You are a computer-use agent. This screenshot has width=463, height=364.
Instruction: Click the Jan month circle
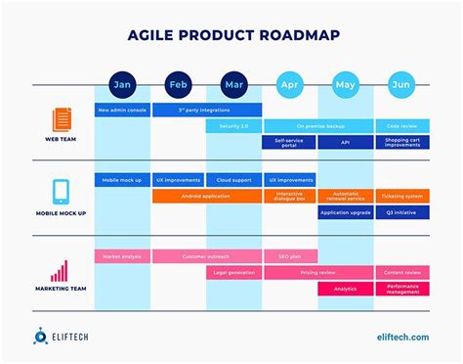[122, 84]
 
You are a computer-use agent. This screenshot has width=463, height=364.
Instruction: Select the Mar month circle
[234, 84]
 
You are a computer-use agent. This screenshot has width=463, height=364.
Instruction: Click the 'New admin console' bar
[122, 111]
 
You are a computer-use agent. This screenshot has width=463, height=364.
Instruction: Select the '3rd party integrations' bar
[206, 111]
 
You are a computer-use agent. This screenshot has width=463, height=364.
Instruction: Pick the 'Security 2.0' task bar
[233, 126]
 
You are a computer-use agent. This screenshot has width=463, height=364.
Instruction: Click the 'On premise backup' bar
[318, 126]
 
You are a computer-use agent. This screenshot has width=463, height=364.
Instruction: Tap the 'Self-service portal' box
[289, 142]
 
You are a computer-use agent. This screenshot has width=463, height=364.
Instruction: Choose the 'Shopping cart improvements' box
[402, 142]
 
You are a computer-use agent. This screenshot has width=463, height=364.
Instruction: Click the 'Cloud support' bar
[233, 180]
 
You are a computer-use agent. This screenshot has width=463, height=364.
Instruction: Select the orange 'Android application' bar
[206, 196]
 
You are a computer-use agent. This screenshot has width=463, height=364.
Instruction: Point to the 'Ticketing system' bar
[402, 196]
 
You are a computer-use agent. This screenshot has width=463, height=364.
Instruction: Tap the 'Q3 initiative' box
[402, 211]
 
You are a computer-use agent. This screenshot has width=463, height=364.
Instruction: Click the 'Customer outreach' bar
[206, 256]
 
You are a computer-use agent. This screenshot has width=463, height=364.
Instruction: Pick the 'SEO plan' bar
[289, 256]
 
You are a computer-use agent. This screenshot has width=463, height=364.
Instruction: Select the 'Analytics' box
[346, 289]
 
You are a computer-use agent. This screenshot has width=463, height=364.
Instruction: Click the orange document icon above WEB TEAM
[61, 120]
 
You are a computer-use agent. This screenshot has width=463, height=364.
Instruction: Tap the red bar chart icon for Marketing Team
[61, 270]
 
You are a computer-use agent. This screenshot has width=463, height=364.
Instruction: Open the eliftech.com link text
[402, 337]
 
